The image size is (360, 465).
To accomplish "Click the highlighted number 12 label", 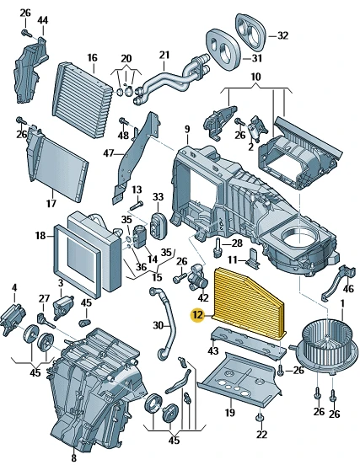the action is [197, 315].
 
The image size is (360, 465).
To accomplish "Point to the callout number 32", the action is [282, 35].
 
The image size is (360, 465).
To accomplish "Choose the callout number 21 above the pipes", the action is [164, 55].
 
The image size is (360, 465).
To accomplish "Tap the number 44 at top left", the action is [43, 20].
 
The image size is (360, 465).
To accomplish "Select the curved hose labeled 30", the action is [164, 323].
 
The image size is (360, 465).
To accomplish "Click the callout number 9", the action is [187, 129].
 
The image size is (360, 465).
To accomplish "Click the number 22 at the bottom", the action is [261, 435].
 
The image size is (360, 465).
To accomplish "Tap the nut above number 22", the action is [260, 418].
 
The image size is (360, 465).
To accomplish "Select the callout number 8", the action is [73, 458].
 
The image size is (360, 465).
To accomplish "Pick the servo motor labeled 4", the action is [13, 318].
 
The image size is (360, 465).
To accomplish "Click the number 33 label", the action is [159, 196].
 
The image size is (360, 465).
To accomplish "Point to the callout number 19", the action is [230, 413].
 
